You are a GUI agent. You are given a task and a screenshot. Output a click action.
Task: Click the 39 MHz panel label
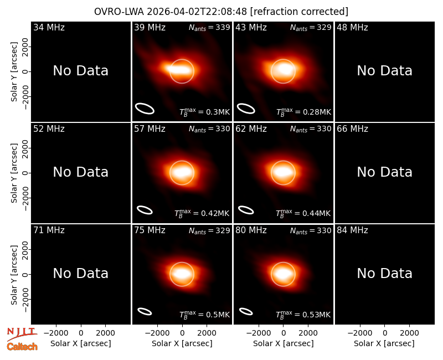(x=150, y=27)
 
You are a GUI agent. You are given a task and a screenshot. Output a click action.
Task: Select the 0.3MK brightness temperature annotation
(x=204, y=112)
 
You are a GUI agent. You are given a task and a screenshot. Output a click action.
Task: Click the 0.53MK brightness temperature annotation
(x=303, y=315)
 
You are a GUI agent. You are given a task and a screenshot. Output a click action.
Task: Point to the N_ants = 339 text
(x=209, y=27)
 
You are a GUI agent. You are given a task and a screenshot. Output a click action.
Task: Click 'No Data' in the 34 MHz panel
(x=81, y=71)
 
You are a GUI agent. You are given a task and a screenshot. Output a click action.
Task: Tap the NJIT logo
(x=22, y=334)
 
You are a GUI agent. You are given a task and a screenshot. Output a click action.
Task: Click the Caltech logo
(x=22, y=347)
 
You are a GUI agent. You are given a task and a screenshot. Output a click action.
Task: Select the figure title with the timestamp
(x=221, y=12)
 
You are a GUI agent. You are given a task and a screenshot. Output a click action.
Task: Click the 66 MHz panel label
(x=352, y=129)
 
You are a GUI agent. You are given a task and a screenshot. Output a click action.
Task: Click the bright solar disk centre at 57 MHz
(x=182, y=172)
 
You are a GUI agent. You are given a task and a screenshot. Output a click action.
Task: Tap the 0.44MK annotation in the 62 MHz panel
(x=303, y=213)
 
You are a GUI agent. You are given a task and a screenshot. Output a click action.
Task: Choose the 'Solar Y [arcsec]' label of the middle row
(x=14, y=173)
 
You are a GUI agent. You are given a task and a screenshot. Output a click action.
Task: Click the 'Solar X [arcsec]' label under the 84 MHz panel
(x=384, y=343)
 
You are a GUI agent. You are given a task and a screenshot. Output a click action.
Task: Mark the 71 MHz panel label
(x=49, y=230)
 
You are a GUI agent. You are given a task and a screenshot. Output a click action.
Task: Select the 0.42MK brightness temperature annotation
(x=202, y=213)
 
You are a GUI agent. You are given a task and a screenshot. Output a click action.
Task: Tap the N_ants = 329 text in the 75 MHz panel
(x=209, y=230)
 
